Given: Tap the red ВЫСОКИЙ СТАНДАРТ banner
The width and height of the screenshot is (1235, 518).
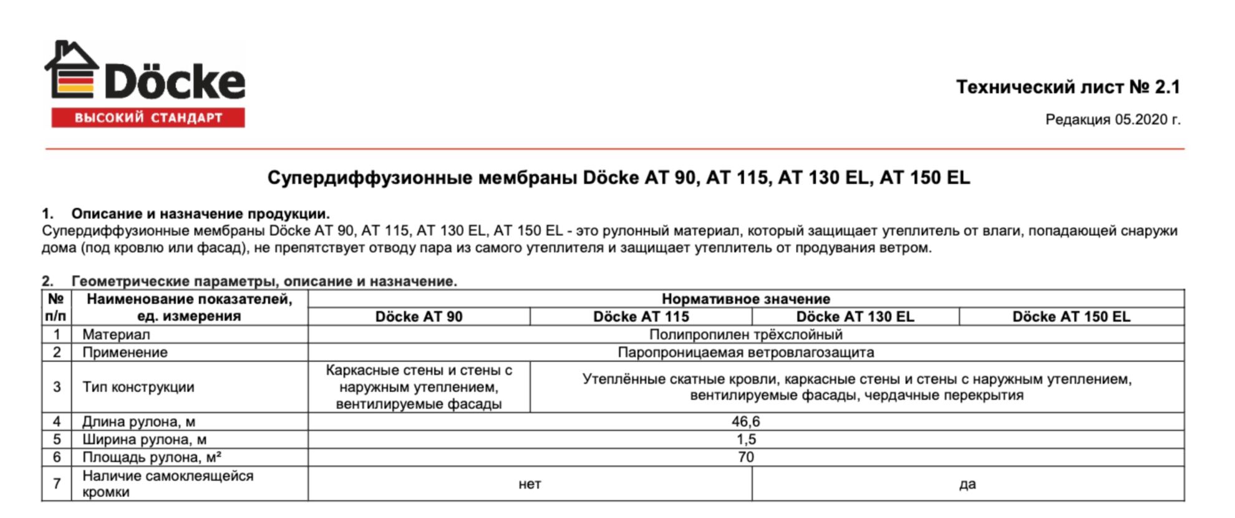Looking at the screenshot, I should (148, 118).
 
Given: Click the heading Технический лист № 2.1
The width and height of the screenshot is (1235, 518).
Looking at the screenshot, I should (1068, 87).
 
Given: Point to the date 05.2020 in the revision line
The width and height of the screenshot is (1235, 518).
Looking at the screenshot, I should (1140, 119).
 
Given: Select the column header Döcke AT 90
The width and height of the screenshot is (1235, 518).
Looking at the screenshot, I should (419, 316).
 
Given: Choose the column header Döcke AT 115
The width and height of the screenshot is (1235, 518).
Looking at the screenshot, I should (641, 316).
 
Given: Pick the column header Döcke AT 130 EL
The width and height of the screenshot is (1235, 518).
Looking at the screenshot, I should (855, 316).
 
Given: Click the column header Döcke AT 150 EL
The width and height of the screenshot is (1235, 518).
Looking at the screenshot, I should (1070, 316).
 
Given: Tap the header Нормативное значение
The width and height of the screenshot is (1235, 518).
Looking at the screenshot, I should (745, 299).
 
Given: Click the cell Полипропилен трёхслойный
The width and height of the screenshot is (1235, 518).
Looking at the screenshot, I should (745, 335).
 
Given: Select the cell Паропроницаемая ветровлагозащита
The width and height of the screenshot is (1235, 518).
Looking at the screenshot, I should (745, 352).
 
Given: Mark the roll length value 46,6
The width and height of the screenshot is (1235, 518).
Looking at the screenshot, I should (745, 421).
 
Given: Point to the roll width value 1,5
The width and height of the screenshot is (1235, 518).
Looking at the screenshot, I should (745, 439).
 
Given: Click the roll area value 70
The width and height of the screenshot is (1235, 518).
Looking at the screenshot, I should (745, 457).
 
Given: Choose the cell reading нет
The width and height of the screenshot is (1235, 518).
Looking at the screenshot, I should (530, 484).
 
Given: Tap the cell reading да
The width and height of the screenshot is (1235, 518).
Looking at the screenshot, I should (967, 484).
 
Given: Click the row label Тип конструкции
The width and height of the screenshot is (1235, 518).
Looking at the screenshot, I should (138, 387).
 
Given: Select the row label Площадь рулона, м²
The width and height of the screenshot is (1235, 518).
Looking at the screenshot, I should (152, 457).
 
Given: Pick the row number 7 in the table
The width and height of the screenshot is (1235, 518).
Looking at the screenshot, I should (57, 484).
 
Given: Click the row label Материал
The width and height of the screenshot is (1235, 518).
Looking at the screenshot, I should (116, 335).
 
